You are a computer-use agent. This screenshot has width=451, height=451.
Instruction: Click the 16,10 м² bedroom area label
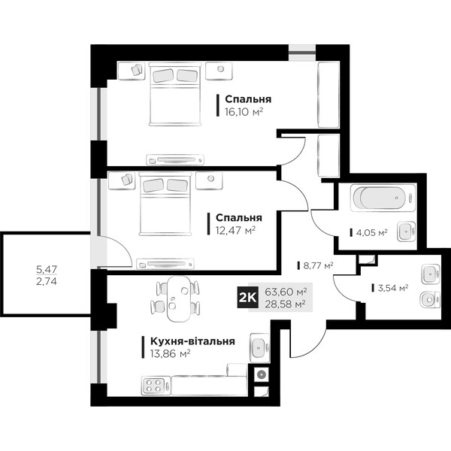pyautogui.click(x=244, y=111)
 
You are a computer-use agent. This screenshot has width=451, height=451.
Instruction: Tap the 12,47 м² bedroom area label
pyautogui.click(x=235, y=230)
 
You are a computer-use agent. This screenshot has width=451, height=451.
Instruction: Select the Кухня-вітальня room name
pyautogui.click(x=192, y=341)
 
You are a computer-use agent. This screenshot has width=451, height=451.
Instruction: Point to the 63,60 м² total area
pyautogui.click(x=286, y=292)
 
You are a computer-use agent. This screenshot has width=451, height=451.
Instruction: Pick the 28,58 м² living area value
pyautogui.click(x=285, y=304)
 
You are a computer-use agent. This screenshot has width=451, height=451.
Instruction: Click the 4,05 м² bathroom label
pyautogui.click(x=371, y=232)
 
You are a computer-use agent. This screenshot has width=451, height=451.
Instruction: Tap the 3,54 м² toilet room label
pyautogui.click(x=393, y=288)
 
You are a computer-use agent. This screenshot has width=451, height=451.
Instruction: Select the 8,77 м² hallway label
pyautogui.click(x=318, y=265)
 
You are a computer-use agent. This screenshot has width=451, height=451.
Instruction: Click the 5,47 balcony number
pyautogui.click(x=47, y=270)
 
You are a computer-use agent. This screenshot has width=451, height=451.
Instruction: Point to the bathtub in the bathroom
pyautogui.click(x=383, y=198)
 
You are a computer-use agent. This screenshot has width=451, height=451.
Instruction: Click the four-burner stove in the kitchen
pyautogui.click(x=153, y=386)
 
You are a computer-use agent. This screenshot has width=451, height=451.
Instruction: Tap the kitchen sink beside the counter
pyautogui.click(x=260, y=348)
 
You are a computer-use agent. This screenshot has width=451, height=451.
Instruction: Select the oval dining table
pyautogui.click(x=178, y=299)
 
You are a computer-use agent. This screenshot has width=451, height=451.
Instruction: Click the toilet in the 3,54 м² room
pyautogui.click(x=430, y=300)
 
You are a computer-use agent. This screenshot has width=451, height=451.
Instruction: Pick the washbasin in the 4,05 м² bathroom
pyautogui.click(x=406, y=231)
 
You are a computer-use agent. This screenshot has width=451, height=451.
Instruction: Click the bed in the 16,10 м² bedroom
pyautogui.click(x=175, y=95)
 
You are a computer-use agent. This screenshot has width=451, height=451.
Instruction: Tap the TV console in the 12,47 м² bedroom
pyautogui.click(x=165, y=264)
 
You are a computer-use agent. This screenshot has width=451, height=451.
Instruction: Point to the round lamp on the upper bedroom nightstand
pyautogui.click(x=220, y=69)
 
